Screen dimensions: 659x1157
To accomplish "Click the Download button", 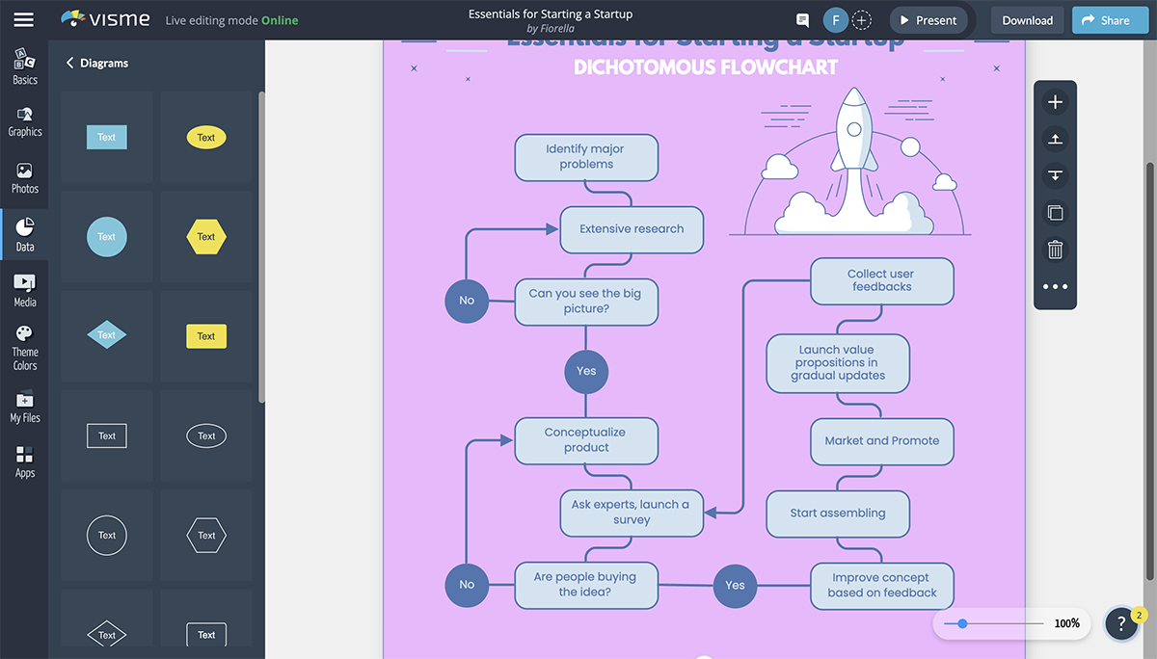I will tap(1027, 20).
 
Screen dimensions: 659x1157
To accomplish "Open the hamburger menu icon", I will tap(24, 20).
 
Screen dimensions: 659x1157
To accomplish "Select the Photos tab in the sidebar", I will tap(25, 177).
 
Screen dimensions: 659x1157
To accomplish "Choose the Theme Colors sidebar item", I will tap(25, 347).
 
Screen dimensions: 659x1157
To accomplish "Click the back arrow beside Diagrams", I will tap(69, 63).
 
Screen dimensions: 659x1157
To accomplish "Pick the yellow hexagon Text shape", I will tap(206, 236).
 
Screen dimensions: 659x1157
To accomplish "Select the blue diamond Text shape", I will tap(106, 335).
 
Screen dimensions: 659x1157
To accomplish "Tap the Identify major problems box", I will tap(586, 157).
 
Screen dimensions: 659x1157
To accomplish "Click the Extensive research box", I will tap(632, 229).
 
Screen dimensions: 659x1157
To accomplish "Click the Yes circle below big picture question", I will tap(586, 371).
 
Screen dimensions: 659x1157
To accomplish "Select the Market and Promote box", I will tap(881, 441).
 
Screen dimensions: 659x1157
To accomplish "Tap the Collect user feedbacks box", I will tap(881, 280).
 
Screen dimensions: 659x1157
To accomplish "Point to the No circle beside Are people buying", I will tap(467, 585).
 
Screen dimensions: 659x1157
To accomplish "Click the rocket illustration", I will tap(853, 154).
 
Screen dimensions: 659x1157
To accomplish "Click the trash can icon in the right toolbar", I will tap(1055, 250).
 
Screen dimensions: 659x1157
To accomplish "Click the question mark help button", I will tap(1121, 624).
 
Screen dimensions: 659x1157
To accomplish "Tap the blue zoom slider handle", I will tap(962, 623).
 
